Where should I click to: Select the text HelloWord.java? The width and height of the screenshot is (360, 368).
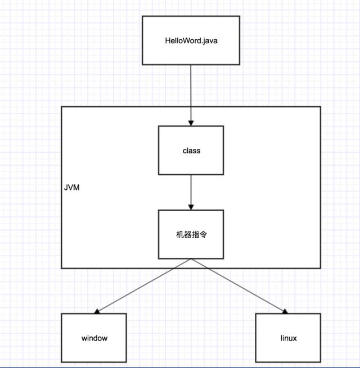point(191,40)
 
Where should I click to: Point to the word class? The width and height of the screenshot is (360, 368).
point(191,151)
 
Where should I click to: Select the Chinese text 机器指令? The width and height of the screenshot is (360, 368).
point(191,234)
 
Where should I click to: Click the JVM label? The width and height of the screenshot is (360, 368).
point(72,187)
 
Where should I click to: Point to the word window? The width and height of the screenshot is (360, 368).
point(94,338)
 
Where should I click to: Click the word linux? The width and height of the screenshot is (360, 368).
point(289,338)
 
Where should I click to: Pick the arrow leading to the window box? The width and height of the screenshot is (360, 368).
point(143,286)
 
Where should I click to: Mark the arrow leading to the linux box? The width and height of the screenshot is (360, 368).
point(239,286)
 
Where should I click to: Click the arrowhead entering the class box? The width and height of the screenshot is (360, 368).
point(191,122)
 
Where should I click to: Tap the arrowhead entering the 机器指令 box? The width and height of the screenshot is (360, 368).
point(191,207)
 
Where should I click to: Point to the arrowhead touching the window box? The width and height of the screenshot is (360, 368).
point(97,311)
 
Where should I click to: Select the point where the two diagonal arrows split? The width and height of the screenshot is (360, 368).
point(191,260)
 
